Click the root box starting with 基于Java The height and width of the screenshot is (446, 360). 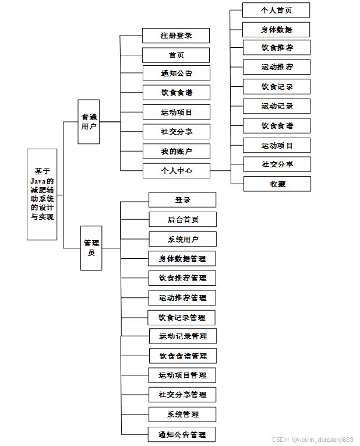(x=42, y=194)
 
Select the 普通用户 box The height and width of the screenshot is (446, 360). (x=89, y=121)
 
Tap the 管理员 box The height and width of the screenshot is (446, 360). (x=91, y=248)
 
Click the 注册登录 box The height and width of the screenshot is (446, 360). (x=176, y=36)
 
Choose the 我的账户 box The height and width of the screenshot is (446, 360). (x=177, y=152)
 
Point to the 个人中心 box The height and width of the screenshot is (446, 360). (x=177, y=171)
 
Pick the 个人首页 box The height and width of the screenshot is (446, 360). (x=277, y=10)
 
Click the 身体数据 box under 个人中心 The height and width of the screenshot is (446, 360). (x=277, y=29)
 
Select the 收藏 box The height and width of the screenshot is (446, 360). (x=277, y=184)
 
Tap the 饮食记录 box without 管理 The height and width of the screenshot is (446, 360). (x=277, y=87)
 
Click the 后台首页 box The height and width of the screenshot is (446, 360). (x=182, y=219)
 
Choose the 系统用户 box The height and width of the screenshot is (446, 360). (x=183, y=239)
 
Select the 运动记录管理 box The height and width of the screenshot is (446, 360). (x=182, y=336)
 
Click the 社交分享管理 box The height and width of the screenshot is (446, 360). (x=182, y=395)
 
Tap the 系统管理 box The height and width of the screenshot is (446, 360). (x=183, y=415)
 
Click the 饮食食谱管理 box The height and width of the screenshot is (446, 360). (x=183, y=356)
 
